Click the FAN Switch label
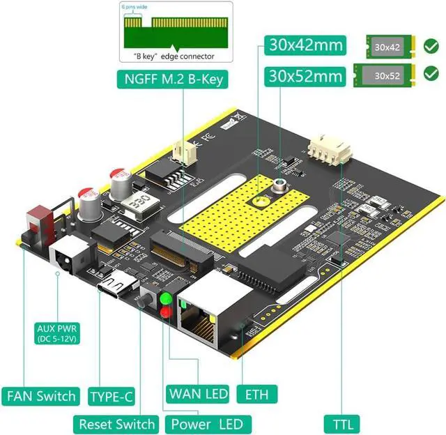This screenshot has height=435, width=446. click(42, 396)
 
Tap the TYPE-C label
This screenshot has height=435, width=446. click(111, 397)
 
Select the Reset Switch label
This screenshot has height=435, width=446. click(116, 423)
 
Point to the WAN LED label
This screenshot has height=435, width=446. click(198, 394)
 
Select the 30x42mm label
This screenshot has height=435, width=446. click(306, 46)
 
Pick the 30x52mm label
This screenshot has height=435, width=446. click(306, 75)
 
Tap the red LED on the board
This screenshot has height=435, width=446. click(167, 312)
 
